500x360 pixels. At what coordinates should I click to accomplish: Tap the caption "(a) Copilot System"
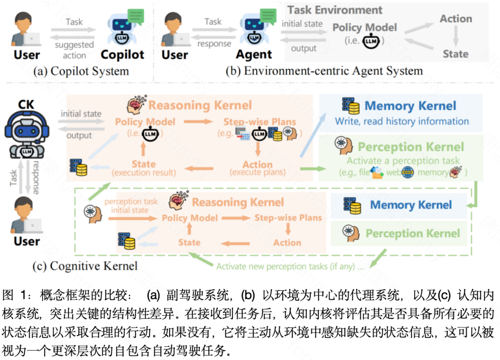81,71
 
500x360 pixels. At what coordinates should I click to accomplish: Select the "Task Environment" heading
335,10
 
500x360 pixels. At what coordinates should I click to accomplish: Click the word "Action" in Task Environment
456,19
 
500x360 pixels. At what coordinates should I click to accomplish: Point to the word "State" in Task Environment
456,54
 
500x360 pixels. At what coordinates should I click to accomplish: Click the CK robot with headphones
26,132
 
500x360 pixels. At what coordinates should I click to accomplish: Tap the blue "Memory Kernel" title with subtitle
410,106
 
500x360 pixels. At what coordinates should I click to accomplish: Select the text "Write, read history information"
402,121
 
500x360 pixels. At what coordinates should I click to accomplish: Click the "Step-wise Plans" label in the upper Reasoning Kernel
260,122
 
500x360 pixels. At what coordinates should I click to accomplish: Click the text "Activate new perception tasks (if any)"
290,266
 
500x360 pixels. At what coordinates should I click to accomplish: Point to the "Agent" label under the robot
254,55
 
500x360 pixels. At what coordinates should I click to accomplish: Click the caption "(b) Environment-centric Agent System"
324,71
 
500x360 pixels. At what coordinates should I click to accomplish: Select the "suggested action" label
74,50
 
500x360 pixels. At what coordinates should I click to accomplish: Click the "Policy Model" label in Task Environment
364,27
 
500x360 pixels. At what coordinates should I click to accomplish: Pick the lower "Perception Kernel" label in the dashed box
412,234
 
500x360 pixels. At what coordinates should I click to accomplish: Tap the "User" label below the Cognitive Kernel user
26,241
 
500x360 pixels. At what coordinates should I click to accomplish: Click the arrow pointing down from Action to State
456,37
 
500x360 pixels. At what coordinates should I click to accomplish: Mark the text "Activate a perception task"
403,161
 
